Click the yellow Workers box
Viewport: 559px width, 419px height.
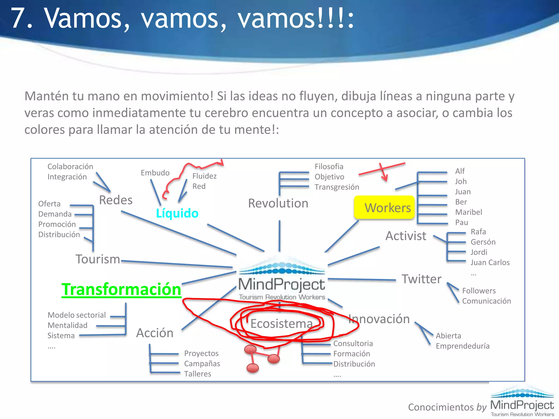point(384,208)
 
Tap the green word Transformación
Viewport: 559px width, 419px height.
point(121,289)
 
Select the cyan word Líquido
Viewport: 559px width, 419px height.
point(177,213)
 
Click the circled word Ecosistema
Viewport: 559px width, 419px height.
point(281,324)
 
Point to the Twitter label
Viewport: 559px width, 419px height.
point(421,279)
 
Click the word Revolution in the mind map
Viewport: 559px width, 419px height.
point(278,203)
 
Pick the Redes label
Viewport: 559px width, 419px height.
point(116,200)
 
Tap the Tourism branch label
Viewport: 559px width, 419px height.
point(98,259)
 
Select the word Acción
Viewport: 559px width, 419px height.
point(155,333)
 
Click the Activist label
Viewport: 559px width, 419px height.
point(406,236)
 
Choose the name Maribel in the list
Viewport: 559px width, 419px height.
point(468,212)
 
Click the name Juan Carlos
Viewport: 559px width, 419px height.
point(490,262)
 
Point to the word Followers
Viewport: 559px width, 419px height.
point(479,291)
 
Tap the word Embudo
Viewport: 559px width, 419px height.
point(155,173)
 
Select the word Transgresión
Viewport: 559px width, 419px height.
point(337,187)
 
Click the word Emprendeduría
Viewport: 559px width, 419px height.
point(462,346)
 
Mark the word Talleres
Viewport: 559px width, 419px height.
point(198,374)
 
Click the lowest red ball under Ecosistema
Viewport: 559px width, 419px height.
point(252,368)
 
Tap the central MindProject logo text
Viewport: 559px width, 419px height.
point(282,285)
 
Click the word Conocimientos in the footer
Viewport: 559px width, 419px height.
point(441,407)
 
